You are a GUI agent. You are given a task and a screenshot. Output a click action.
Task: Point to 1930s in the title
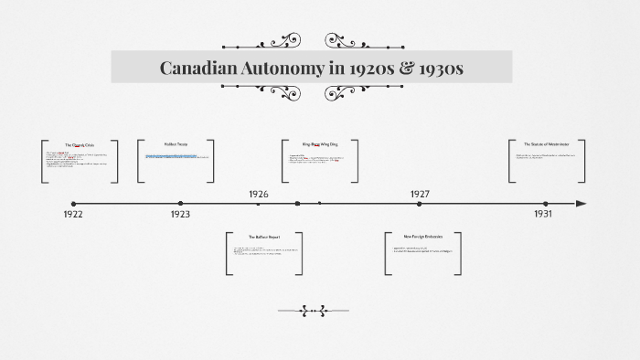click(438, 68)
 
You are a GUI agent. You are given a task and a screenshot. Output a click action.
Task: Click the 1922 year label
click(74, 214)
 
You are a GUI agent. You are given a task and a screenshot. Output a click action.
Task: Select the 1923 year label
click(180, 214)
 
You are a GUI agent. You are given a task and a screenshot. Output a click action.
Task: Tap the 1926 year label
click(259, 194)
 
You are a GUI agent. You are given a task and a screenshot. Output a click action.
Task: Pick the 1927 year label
click(420, 194)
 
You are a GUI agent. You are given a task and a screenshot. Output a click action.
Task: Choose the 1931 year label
click(543, 214)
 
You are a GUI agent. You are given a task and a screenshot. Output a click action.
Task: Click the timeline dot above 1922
click(74, 204)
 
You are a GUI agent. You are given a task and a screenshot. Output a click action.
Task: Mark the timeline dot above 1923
click(180, 204)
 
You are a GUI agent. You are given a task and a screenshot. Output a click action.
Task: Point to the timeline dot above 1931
click(545, 204)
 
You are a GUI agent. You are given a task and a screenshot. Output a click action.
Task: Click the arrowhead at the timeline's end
click(581, 204)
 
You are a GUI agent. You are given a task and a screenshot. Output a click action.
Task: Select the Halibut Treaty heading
click(176, 144)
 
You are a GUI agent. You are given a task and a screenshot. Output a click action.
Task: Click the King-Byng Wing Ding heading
click(319, 144)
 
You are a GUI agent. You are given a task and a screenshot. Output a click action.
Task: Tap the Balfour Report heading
click(263, 237)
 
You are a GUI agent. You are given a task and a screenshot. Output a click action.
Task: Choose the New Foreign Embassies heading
click(422, 237)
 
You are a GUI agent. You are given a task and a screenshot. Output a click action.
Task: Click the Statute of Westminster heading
click(546, 144)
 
